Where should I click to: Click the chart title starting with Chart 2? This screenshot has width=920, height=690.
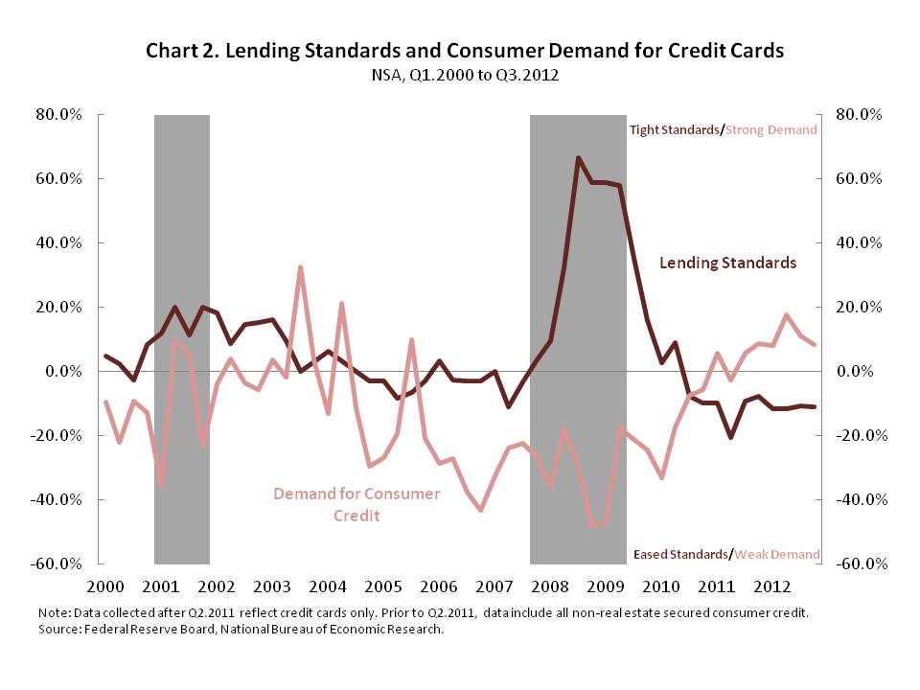(x=465, y=51)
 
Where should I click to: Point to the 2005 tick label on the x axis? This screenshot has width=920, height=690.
(x=382, y=586)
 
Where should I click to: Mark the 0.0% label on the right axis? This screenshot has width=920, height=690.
(x=857, y=372)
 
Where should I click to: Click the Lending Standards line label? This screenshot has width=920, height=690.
(x=728, y=263)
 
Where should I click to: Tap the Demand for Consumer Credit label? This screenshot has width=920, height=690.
(x=356, y=504)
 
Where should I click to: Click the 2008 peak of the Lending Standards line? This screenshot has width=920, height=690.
(x=578, y=158)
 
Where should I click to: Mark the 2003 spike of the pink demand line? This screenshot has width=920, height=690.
(x=300, y=267)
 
